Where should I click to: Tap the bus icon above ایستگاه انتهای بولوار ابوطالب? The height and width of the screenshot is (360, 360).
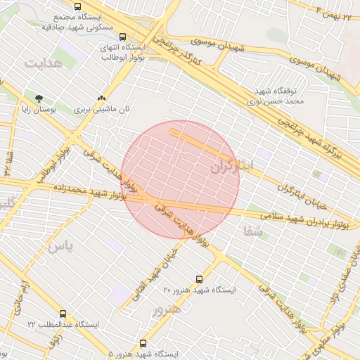coord(123,37)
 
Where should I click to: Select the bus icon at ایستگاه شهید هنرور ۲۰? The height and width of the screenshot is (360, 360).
coord(199,279)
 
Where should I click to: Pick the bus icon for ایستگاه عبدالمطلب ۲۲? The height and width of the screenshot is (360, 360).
coord(63,314)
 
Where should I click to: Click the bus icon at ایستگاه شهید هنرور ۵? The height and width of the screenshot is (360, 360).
coord(143,344)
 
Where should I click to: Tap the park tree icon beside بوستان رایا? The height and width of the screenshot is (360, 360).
coord(38,98)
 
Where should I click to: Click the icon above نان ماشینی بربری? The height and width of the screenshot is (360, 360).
coord(103,98)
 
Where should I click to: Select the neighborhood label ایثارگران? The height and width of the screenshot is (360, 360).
coord(239,167)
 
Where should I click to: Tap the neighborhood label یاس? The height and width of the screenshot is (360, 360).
coord(60,245)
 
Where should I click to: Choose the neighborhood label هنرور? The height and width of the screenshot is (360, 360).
coord(166,309)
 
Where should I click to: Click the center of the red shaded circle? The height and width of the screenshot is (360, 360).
coord(181,179)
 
